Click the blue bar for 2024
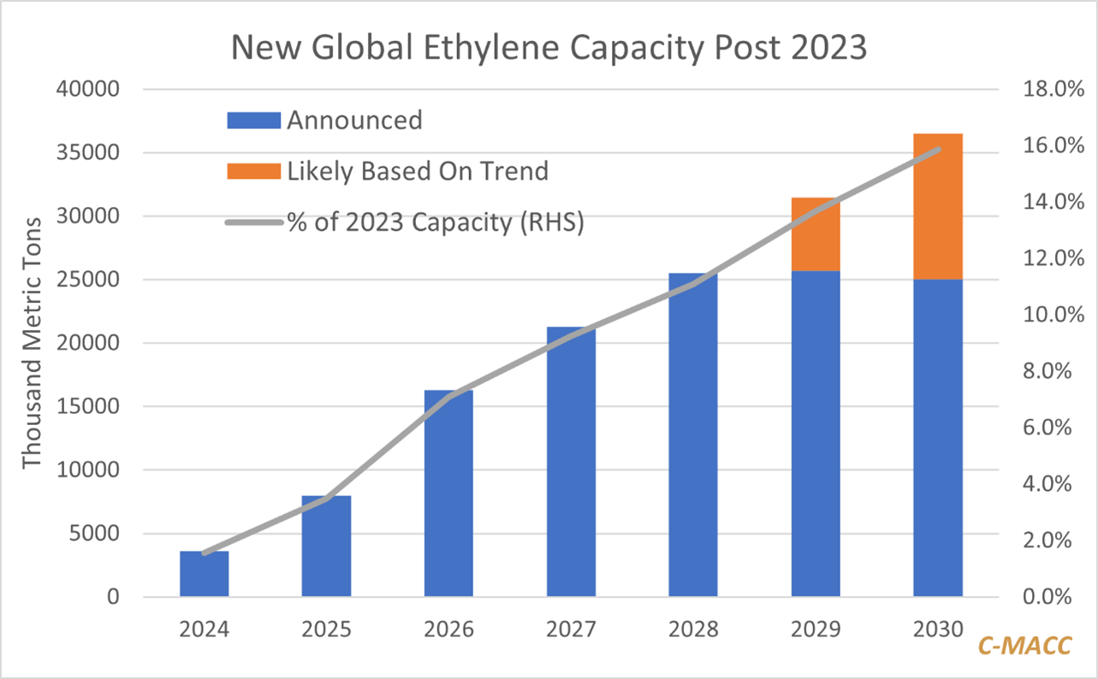pyautogui.click(x=204, y=574)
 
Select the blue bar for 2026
pyautogui.click(x=448, y=493)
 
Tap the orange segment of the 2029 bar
pyautogui.click(x=816, y=234)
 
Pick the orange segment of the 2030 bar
pyautogui.click(x=938, y=206)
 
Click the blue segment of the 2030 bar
pyautogui.click(x=938, y=438)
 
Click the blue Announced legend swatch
pyautogui.click(x=253, y=120)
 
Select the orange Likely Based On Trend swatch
pyautogui.click(x=253, y=171)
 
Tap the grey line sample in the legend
pyautogui.click(x=253, y=222)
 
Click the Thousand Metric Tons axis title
pyautogui.click(x=32, y=342)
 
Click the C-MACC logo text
pyautogui.click(x=1026, y=646)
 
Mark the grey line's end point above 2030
pyautogui.click(x=938, y=150)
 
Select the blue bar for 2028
pyautogui.click(x=693, y=435)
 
